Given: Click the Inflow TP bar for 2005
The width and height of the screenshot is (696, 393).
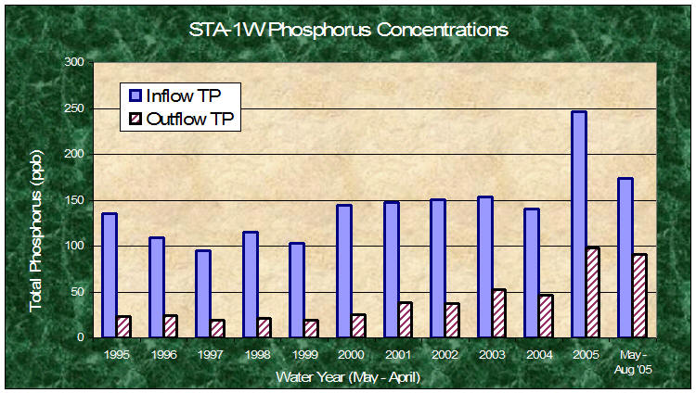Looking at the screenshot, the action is (x=579, y=224).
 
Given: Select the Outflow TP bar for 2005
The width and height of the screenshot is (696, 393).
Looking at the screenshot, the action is (x=593, y=293).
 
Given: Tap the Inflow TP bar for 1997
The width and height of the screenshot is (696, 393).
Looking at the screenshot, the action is (x=203, y=294).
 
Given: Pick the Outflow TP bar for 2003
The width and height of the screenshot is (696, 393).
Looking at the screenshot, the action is (x=499, y=313).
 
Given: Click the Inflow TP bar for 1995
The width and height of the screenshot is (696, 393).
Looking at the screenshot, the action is (x=110, y=275).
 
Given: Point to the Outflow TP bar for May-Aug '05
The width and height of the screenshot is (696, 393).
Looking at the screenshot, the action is (x=639, y=296).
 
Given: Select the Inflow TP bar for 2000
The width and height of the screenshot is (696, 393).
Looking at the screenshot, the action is (x=344, y=272).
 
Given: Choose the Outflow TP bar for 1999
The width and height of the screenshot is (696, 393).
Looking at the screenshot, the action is (x=311, y=329).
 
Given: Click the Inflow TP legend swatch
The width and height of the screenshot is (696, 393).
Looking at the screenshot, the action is (x=135, y=95).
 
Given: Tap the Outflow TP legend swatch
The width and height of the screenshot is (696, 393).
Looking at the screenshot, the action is (x=135, y=119).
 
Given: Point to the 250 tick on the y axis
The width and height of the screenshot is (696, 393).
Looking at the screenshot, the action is (x=91, y=108).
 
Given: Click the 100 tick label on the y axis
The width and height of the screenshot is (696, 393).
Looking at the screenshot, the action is (x=74, y=246).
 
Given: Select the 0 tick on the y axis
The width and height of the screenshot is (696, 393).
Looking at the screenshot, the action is (x=91, y=338).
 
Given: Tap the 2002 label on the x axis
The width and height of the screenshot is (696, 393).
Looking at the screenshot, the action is (x=445, y=354).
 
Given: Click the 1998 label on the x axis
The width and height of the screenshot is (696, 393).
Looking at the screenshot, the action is (x=257, y=354).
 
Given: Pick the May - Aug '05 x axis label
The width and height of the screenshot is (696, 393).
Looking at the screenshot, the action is (x=633, y=362).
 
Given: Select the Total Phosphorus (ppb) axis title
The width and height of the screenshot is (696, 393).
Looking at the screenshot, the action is (x=35, y=231).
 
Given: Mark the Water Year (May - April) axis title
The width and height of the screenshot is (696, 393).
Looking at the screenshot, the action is (x=348, y=377).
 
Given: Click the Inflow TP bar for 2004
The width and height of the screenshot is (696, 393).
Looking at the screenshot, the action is (x=532, y=273).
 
